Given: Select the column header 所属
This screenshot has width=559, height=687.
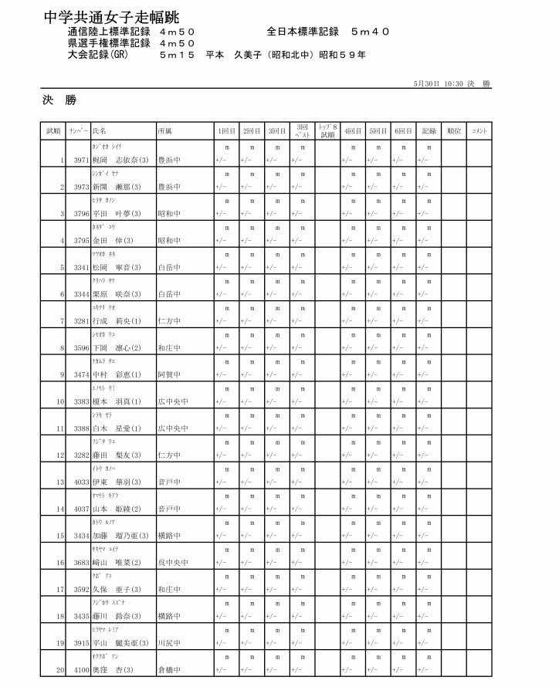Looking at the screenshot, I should tap(164, 132).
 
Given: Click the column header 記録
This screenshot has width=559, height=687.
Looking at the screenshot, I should tap(429, 132).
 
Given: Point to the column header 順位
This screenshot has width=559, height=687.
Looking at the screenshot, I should tap(454, 132).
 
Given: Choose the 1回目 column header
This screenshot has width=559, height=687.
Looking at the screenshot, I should tap(227, 132).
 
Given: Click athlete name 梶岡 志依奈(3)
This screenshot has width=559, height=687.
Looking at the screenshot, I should tap(120, 161).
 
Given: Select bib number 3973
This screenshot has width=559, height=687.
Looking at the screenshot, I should tap(81, 188).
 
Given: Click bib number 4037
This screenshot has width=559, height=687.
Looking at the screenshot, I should tap(81, 509).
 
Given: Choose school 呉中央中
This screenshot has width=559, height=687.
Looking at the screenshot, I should tap(171, 563).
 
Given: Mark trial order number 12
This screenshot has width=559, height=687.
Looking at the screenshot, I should tap(59, 455).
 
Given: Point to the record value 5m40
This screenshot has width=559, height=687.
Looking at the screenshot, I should tap(370, 32).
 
